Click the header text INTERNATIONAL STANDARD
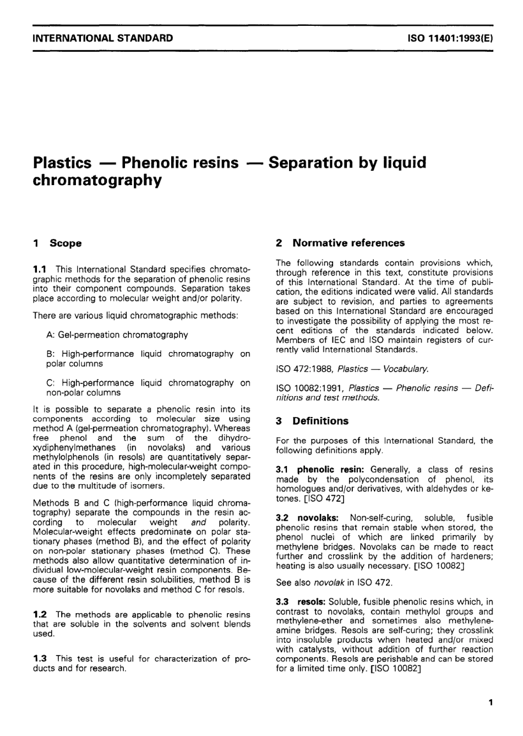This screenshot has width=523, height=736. click(x=103, y=38)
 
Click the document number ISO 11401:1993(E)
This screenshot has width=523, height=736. click(x=449, y=38)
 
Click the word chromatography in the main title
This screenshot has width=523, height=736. click(x=97, y=181)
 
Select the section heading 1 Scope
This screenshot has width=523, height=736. click(x=57, y=243)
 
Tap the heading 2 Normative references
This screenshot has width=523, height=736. click(x=340, y=243)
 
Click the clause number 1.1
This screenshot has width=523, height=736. click(x=41, y=269)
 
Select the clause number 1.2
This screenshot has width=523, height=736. click(x=41, y=614)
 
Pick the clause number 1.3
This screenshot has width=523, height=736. click(x=41, y=658)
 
